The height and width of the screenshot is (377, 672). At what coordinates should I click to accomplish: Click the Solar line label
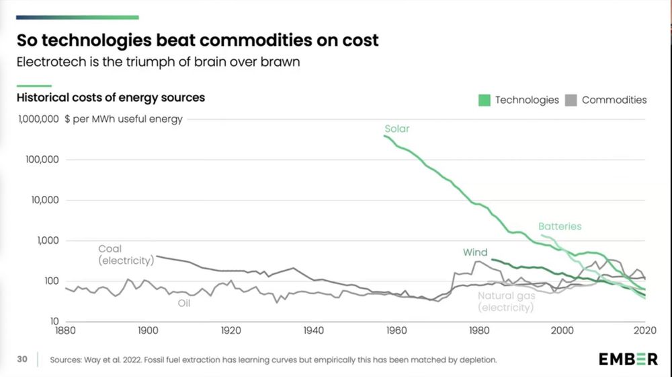396,129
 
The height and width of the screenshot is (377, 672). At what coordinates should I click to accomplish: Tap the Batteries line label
559,226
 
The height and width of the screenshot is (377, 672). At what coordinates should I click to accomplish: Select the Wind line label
475,252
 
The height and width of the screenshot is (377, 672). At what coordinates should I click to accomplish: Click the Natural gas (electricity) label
506,302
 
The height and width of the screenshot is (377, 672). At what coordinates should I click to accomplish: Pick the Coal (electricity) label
126,254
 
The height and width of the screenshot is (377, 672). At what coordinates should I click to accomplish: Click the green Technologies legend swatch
484,100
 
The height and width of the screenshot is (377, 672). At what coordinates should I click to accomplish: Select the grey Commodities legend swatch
571,100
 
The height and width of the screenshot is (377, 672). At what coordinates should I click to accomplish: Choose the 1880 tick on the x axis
66,331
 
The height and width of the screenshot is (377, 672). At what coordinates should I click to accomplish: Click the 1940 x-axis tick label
314,331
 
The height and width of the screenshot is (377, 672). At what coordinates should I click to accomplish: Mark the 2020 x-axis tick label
644,331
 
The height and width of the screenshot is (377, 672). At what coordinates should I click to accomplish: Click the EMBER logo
628,359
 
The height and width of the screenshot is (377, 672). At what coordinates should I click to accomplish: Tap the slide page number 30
22,359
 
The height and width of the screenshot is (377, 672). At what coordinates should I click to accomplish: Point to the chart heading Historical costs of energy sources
110,98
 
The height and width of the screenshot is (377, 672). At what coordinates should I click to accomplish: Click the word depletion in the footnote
475,359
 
